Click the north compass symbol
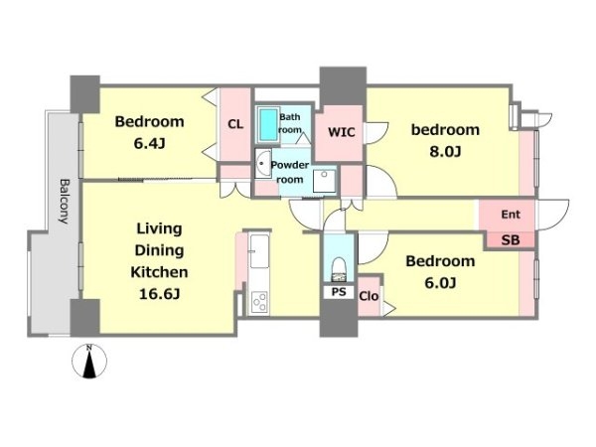click(89, 362)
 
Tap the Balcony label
click(65, 201)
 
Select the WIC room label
click(342, 132)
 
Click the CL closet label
click(235, 124)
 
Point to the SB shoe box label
click(511, 240)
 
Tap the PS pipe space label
click(339, 292)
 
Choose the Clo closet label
click(369, 296)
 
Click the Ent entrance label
click(511, 215)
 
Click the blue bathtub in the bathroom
click(268, 125)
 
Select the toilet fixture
click(339, 269)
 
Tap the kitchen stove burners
click(260, 301)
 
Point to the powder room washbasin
click(262, 164)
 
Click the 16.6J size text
click(159, 294)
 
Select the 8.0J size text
click(445, 152)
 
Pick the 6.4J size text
click(149, 144)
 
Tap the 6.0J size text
click(440, 283)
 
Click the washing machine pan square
click(324, 182)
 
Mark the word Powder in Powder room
click(290, 165)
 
